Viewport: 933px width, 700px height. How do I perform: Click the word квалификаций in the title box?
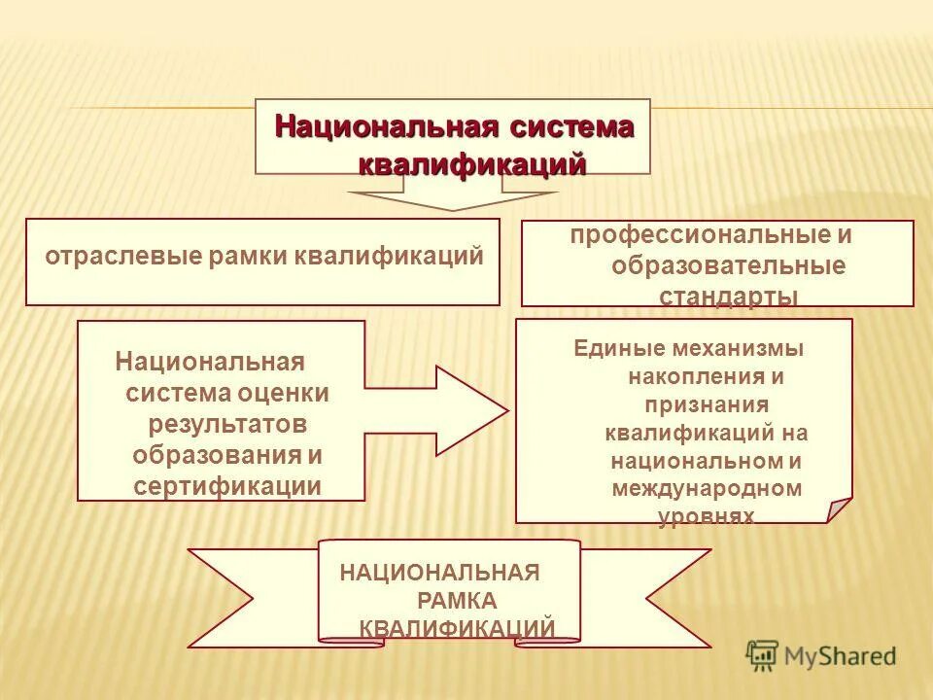tap(472, 164)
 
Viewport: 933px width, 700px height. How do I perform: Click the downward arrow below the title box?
tap(452, 200)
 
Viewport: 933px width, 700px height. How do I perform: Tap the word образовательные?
tap(728, 266)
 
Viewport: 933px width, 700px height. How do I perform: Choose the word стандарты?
tap(729, 297)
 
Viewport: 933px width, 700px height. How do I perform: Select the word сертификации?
tap(227, 486)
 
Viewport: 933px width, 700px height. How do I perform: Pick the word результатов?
tap(227, 425)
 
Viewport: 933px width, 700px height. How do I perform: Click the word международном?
tap(707, 488)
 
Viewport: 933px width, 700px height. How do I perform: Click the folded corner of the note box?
tap(839, 510)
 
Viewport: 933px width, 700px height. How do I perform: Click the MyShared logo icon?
tap(762, 655)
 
